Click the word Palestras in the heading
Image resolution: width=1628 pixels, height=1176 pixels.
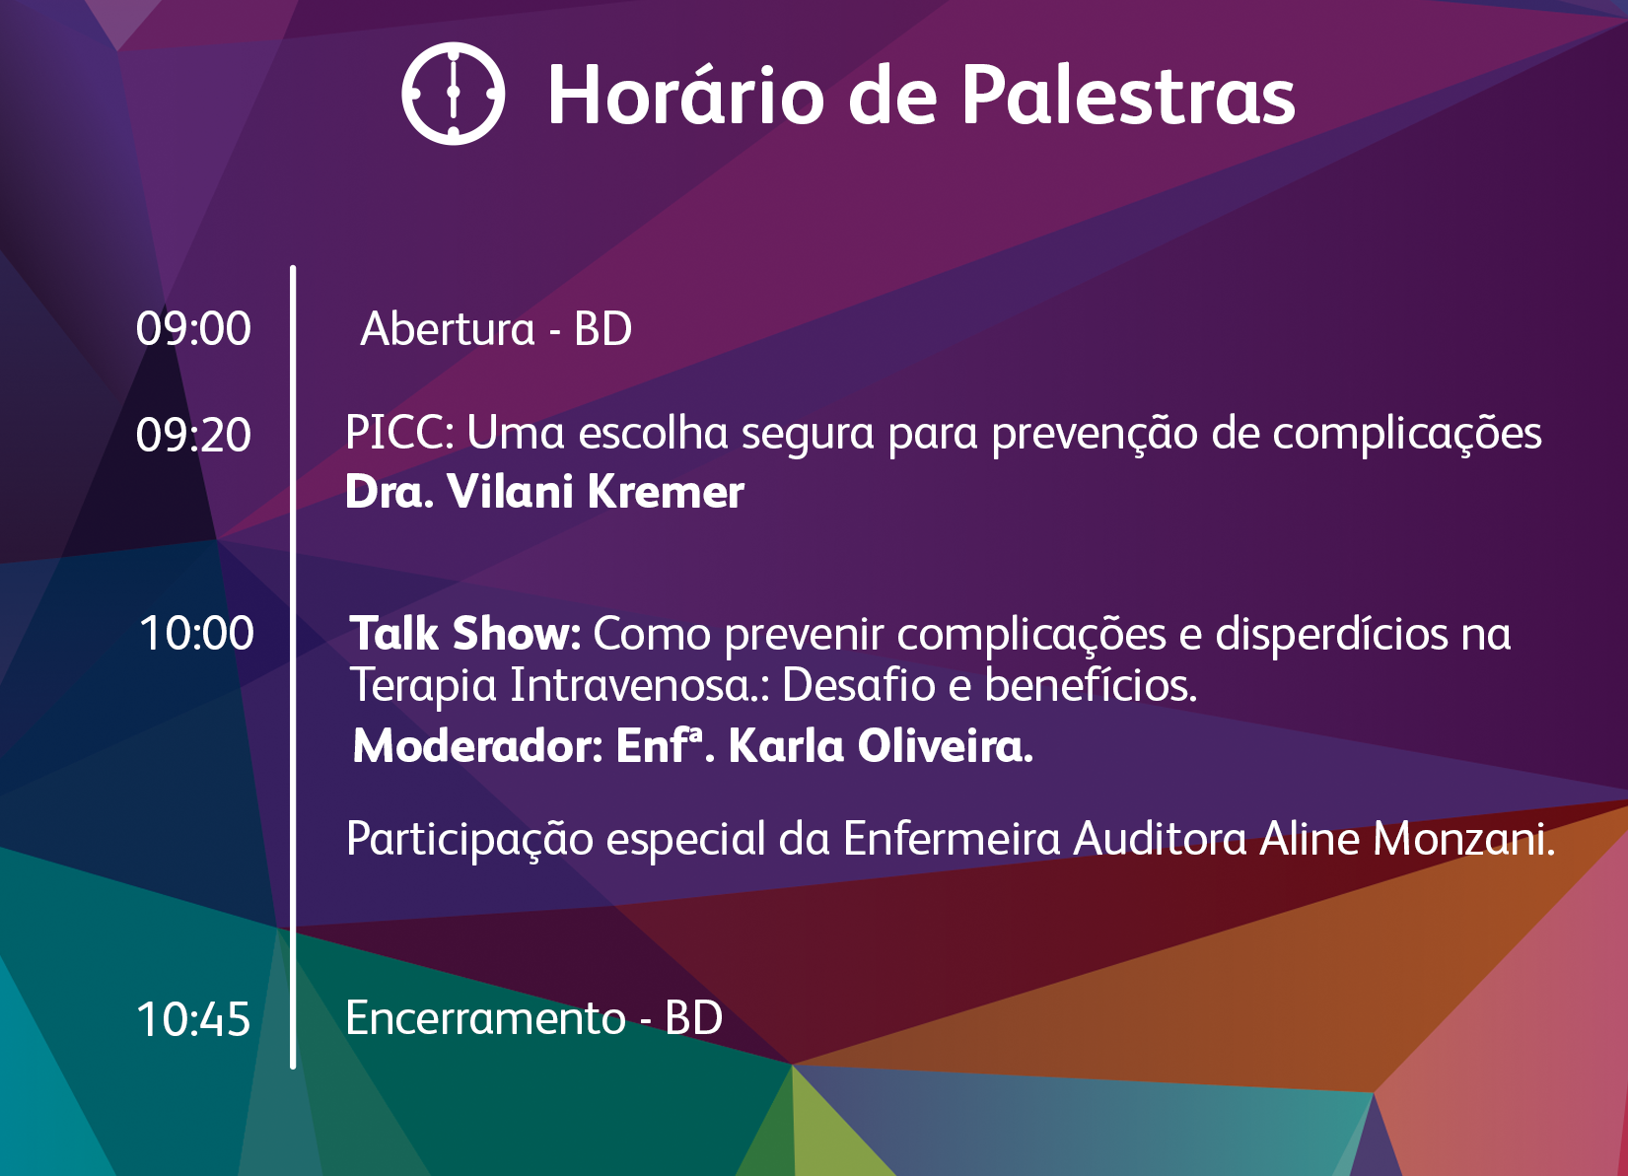(1128, 95)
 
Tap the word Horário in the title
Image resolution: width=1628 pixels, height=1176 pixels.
(686, 95)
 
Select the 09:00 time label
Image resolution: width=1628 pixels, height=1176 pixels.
(193, 328)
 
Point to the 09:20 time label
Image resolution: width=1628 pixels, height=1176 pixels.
(193, 435)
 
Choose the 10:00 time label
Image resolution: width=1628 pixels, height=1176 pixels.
(196, 633)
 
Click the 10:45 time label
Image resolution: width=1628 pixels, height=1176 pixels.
(193, 1018)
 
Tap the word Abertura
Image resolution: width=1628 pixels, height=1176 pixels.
(448, 328)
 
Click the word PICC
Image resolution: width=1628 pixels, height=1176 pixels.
(399, 433)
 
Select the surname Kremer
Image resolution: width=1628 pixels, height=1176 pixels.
(666, 492)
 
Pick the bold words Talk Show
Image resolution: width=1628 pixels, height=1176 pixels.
(465, 634)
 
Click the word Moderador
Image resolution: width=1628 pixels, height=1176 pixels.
(477, 746)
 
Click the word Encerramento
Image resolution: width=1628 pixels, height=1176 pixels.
(485, 1017)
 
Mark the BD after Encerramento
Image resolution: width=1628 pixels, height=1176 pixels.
(693, 1017)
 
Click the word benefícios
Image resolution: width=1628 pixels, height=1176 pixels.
(1091, 684)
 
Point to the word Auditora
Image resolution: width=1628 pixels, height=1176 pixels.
(1160, 839)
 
